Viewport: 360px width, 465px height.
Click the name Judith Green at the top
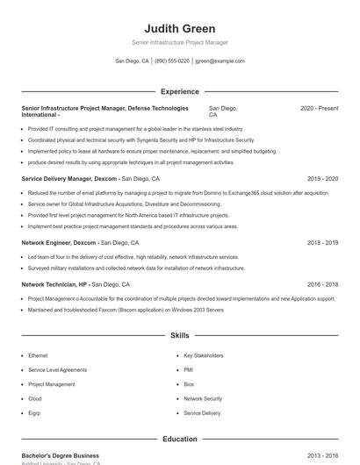click(180, 28)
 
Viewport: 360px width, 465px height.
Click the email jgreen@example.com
click(220, 61)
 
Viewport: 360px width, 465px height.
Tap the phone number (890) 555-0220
click(172, 61)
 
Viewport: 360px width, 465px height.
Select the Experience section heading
click(180, 91)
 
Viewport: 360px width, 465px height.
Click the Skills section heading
click(180, 335)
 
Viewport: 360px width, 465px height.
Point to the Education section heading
click(180, 439)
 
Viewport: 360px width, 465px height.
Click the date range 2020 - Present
click(319, 108)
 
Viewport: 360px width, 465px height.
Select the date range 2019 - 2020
click(322, 178)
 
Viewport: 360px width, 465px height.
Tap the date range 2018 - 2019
click(322, 242)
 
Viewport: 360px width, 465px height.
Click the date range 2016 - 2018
click(322, 284)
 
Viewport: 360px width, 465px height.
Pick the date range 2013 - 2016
click(322, 456)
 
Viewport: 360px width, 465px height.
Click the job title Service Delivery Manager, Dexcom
click(69, 178)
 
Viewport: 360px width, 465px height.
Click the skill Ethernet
click(38, 355)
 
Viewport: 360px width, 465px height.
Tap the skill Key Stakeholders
click(202, 355)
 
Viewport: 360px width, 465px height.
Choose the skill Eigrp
click(35, 412)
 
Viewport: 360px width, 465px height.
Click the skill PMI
click(188, 369)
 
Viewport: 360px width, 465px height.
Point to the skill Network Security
click(203, 398)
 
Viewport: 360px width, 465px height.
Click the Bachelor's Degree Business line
click(60, 456)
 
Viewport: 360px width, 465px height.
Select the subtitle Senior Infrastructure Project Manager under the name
click(180, 42)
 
